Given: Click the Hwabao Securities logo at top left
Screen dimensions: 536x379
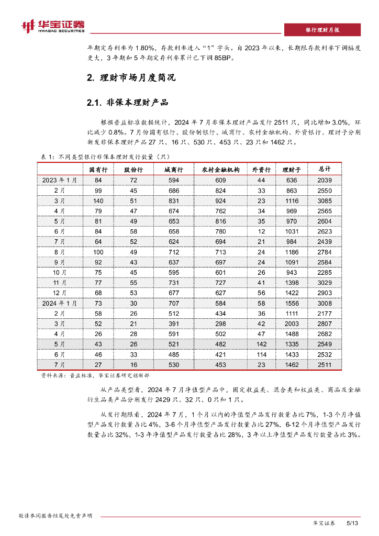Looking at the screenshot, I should (x=53, y=26).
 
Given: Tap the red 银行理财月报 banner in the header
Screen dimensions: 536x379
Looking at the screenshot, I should (x=322, y=29).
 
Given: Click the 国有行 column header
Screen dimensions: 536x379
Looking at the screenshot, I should (x=98, y=170).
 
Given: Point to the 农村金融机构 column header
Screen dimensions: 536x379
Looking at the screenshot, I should (x=220, y=170).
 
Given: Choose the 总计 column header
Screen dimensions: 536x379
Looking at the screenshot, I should (x=325, y=170).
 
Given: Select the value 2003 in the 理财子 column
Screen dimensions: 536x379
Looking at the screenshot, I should (x=291, y=323).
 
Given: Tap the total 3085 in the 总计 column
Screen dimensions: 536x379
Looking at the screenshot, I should (x=325, y=200).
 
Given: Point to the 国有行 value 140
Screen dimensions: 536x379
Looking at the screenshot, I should (x=98, y=200).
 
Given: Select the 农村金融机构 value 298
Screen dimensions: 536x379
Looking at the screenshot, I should (x=220, y=323).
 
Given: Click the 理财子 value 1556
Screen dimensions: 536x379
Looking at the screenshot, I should (x=291, y=303).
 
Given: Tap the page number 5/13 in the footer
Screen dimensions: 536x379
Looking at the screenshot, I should (x=352, y=523).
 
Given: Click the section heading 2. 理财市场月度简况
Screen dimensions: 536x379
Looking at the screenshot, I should (x=130, y=78).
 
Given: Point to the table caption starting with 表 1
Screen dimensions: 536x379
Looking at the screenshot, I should (x=105, y=156).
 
